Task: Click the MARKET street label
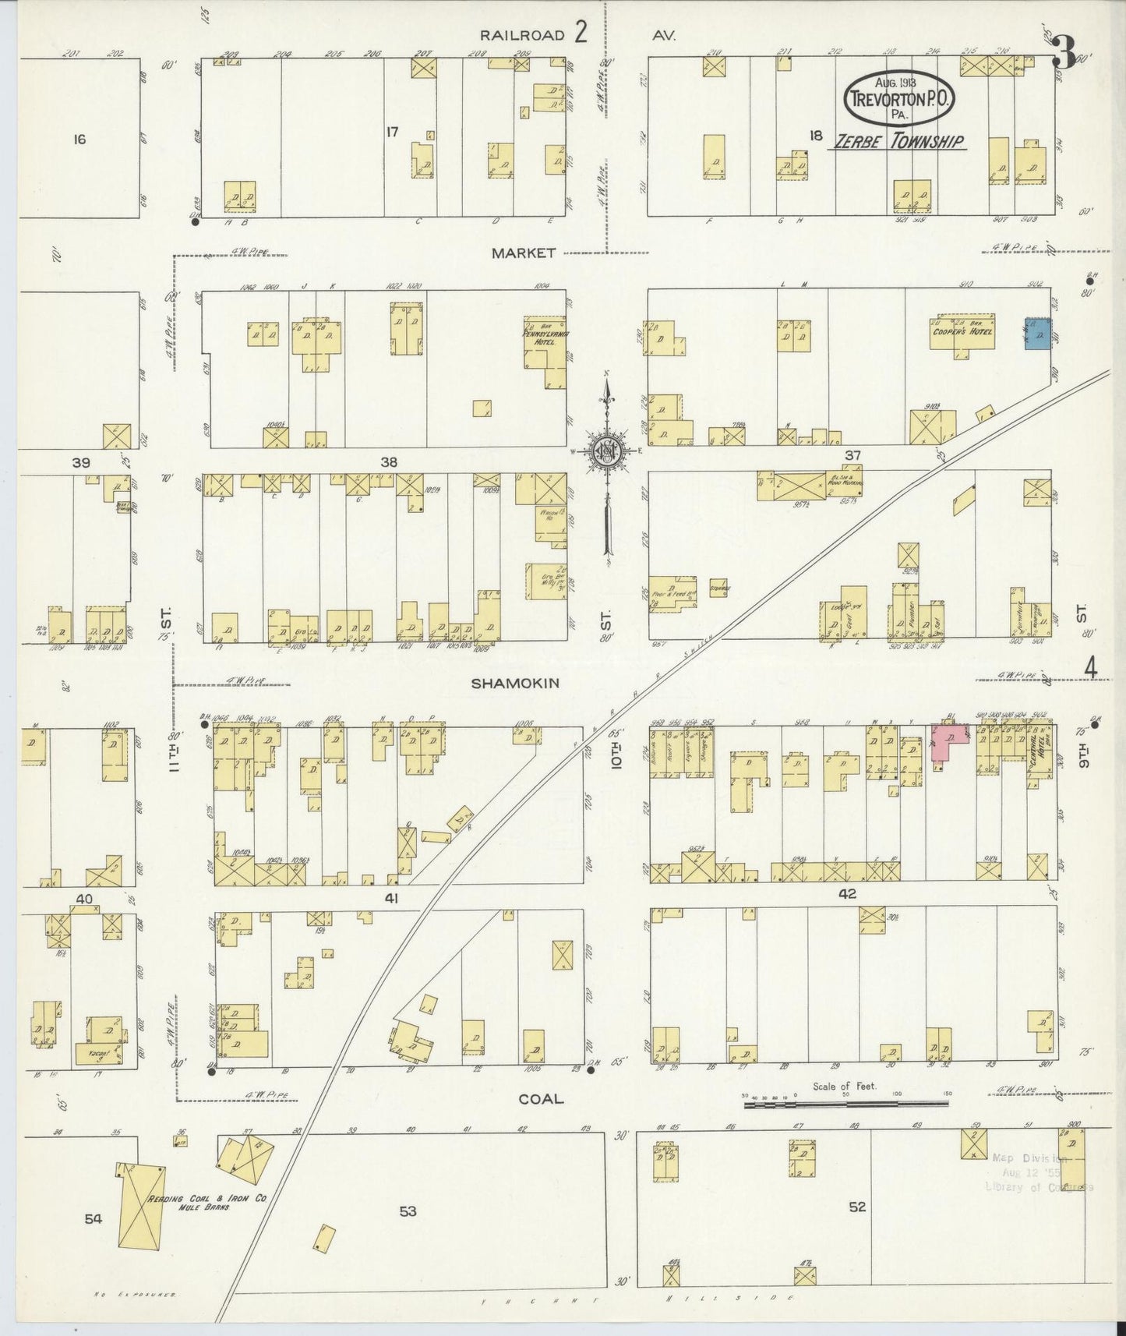524,253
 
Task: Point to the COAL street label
540,1098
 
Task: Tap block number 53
408,1211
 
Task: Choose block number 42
846,894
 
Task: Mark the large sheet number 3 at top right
1064,57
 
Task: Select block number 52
857,1207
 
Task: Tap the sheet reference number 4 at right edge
1090,667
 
